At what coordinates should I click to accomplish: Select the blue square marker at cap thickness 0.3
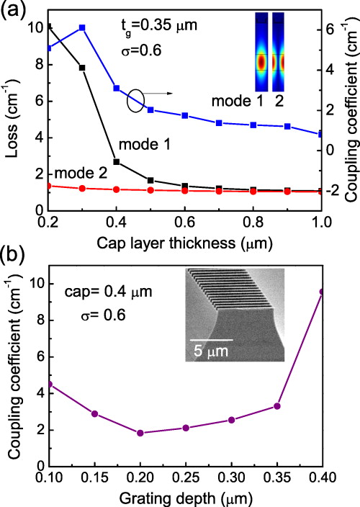(82, 27)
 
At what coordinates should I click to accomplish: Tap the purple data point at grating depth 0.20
(140, 433)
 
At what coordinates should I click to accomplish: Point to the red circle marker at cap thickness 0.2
(48, 186)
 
